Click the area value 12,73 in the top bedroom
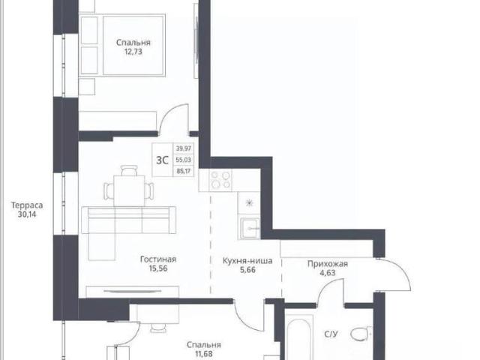[x=133, y=52]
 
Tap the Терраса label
[x=27, y=205]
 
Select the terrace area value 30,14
[x=27, y=214]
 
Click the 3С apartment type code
[x=162, y=160]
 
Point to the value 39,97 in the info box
[x=183, y=148]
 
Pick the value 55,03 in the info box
[x=183, y=160]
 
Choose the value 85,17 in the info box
[x=183, y=171]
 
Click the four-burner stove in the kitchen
[x=220, y=180]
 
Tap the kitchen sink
[x=250, y=228]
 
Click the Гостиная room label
[x=158, y=259]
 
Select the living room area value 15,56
[x=158, y=268]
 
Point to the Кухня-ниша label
[x=247, y=261]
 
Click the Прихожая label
[x=328, y=263]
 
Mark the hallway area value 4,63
[x=328, y=272]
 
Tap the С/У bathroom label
[x=331, y=334]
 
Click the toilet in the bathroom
[x=361, y=334]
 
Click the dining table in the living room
[x=129, y=190]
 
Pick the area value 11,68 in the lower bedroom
[x=204, y=354]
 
